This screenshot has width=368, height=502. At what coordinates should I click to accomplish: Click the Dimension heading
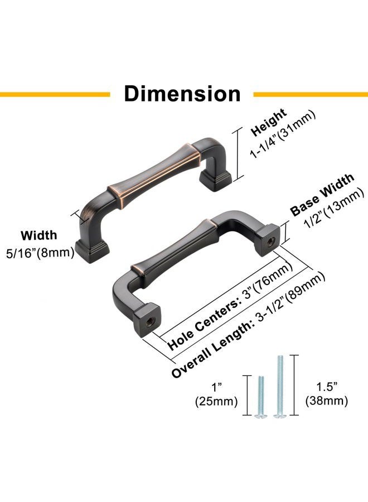(182, 94)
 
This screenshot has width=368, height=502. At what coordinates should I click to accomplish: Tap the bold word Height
(269, 122)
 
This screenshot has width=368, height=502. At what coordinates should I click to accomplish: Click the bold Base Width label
(322, 195)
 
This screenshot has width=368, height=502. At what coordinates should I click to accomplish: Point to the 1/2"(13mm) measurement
(335, 209)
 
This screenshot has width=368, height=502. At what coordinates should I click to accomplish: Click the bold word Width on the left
(39, 235)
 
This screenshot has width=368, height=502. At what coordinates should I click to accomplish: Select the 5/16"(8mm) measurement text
(40, 253)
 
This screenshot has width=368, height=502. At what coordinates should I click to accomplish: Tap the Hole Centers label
(204, 323)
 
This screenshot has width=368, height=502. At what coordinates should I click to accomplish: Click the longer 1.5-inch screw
(280, 387)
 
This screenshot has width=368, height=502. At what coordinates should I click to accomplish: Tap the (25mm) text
(217, 402)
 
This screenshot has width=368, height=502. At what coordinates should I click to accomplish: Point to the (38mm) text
(327, 400)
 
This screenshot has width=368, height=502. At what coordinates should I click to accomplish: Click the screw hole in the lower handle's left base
(149, 322)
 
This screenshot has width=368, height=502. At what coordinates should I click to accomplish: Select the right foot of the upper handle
(215, 180)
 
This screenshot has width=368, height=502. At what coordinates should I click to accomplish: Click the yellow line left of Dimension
(55, 94)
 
